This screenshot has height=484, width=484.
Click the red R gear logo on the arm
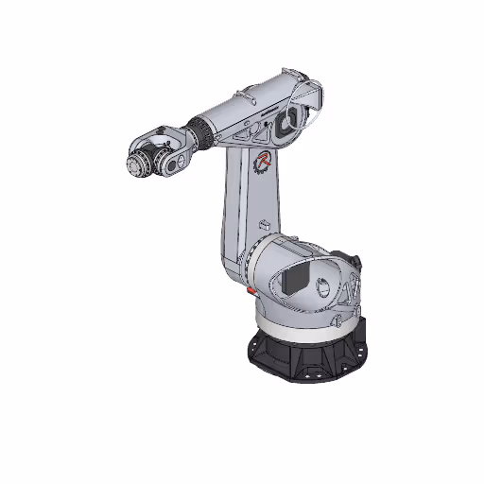pyautogui.click(x=263, y=162)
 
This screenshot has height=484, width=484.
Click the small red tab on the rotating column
pyautogui.click(x=251, y=292)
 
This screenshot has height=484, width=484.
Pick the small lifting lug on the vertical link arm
pyautogui.click(x=266, y=225)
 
